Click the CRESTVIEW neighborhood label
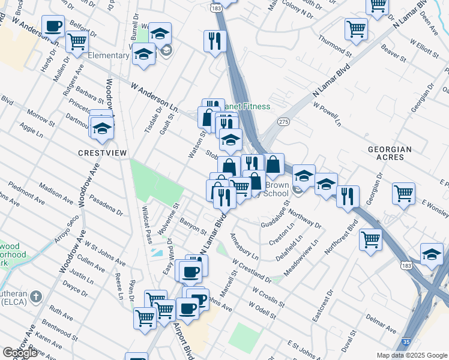pyautogui.click(x=103, y=153)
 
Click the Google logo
pyautogui.click(x=20, y=352)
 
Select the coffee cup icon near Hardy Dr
pyautogui.click(x=53, y=27)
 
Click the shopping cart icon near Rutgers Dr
pyautogui.click(x=77, y=42)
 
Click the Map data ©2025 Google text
pyautogui.click(x=411, y=355)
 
